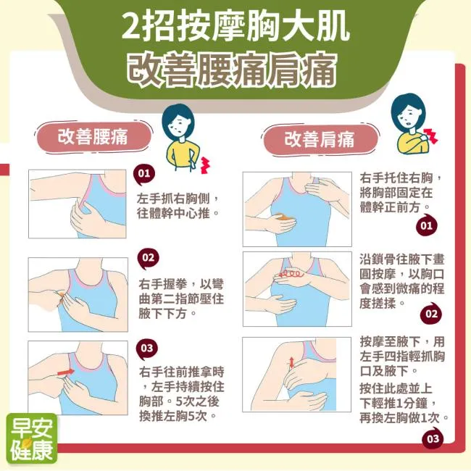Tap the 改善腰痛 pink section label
(93, 137)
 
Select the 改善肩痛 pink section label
(320, 140)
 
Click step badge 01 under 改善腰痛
(144, 174)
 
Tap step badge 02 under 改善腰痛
(148, 259)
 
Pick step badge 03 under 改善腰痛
(147, 349)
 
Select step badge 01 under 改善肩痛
(426, 225)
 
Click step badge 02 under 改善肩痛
(431, 314)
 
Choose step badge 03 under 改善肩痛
(433, 439)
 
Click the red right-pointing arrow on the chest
(66, 372)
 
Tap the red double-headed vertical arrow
(291, 362)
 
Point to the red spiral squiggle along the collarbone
(289, 274)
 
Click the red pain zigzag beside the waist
(205, 165)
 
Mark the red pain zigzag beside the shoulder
(430, 136)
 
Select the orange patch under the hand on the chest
(283, 217)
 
